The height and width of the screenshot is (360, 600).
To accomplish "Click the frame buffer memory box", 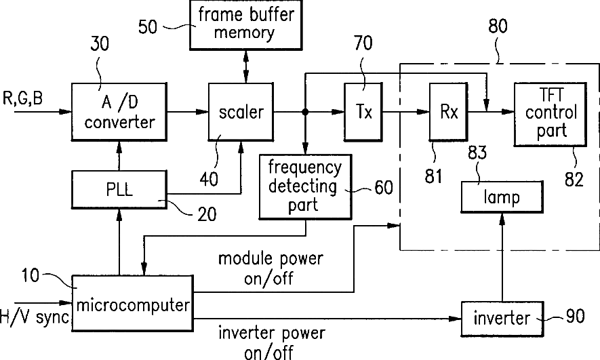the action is (245, 25).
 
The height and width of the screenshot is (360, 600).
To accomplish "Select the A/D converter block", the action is (119, 112).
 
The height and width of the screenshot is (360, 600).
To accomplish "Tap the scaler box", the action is (241, 112).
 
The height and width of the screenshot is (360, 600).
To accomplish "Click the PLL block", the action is (119, 189).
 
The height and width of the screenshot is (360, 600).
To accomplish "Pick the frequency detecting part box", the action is (305, 186).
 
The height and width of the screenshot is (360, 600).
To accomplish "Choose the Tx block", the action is (363, 112).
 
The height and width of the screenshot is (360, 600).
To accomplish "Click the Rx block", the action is (448, 112).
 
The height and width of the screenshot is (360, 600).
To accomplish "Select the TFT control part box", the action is (551, 114).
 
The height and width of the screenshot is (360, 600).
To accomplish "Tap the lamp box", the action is (502, 197).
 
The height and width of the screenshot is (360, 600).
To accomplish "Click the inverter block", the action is (502, 318).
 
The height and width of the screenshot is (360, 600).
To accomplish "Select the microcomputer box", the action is (132, 302).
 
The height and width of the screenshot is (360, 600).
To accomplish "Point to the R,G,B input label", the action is (23, 98).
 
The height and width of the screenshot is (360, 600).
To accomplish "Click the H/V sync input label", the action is (35, 317).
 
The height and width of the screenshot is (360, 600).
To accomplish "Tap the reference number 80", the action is (498, 26).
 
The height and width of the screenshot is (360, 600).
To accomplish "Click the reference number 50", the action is (148, 27).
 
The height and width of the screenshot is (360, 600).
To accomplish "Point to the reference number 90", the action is (575, 316).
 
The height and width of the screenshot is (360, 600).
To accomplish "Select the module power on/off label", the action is (271, 268).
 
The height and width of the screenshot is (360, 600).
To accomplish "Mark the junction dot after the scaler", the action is (305, 112).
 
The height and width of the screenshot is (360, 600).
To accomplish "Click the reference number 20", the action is (207, 214).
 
